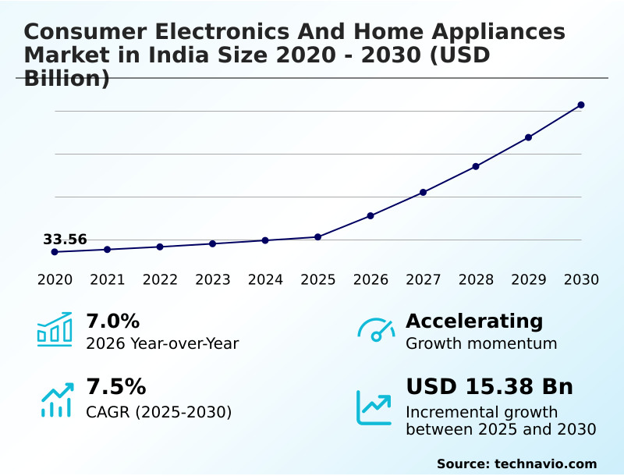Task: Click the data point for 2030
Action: pos(581,105)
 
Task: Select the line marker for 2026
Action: pos(370,215)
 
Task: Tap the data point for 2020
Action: pos(55,252)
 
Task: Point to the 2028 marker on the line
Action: pos(476,166)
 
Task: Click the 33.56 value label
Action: pos(65,240)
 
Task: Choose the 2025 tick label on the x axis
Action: pos(318,280)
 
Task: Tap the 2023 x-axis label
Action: pos(212,280)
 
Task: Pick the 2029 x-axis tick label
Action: pos(529,280)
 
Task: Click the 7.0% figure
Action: pos(112,321)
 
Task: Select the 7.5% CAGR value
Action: pos(115,387)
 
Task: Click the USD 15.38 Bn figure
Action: pos(489,387)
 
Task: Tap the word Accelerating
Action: pos(474,321)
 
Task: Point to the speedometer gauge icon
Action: pos(376,330)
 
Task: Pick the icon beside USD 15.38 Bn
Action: pos(374,407)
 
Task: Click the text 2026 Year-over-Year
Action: pos(162,343)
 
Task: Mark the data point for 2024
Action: pos(265,240)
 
